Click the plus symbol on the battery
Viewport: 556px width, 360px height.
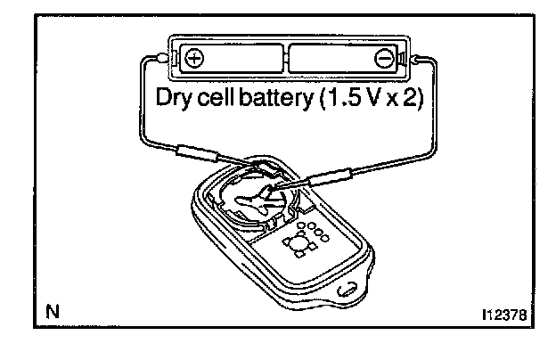click(x=195, y=61)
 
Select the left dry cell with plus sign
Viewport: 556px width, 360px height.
click(x=231, y=61)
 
